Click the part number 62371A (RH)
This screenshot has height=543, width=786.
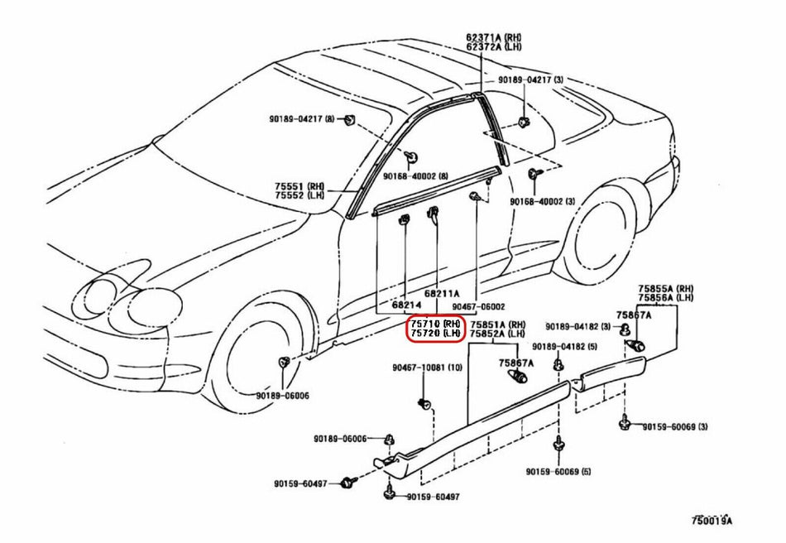point(493,37)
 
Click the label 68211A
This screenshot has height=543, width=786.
point(442,293)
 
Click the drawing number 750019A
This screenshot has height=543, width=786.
point(712,521)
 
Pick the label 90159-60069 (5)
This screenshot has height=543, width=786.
point(558,472)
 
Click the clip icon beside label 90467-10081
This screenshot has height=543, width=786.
point(424,403)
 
